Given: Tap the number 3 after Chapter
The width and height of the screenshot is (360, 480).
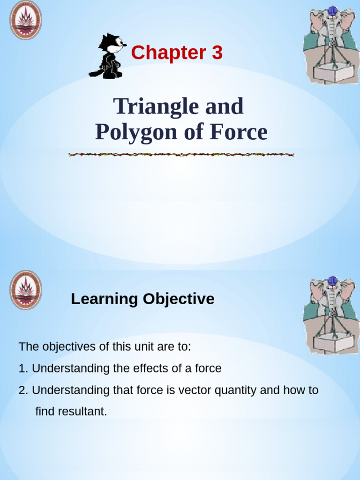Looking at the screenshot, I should tap(217, 53).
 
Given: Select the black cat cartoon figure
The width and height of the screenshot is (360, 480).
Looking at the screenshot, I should tap(109, 56).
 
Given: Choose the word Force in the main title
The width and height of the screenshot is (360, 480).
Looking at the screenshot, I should tap(239, 133).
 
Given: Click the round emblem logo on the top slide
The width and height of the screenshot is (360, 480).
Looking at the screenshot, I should tap(26, 20).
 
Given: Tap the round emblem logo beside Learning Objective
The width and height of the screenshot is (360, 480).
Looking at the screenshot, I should tap(26, 290).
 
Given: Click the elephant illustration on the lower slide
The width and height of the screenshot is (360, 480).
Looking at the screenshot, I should tap(331, 315).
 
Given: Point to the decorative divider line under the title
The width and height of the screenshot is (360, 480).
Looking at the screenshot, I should tap(181, 154).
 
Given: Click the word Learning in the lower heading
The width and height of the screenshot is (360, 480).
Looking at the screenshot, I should tap(105, 299).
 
